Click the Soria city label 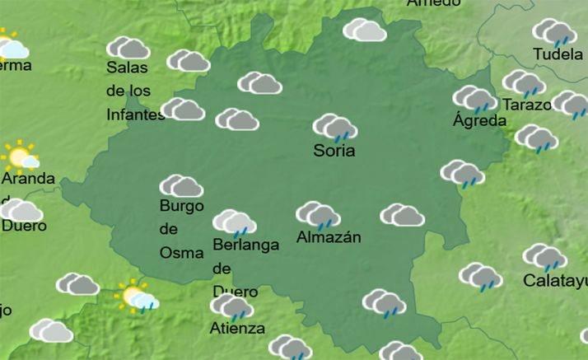click(x=334, y=151)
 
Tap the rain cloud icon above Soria click(x=334, y=128)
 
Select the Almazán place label click(x=329, y=238)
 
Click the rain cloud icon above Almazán click(x=319, y=215)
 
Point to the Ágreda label click(x=479, y=120)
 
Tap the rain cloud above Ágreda click(x=474, y=99)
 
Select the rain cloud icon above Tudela click(x=553, y=32)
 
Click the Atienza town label click(x=237, y=329)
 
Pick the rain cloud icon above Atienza click(x=231, y=307)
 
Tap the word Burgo click(x=181, y=206)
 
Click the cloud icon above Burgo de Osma click(x=181, y=186)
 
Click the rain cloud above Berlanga click(x=234, y=222)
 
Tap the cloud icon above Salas click(x=128, y=48)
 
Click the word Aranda click(x=28, y=178)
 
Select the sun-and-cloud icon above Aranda click(x=21, y=156)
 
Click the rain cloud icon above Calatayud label click(x=545, y=257)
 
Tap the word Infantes click(x=136, y=115)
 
